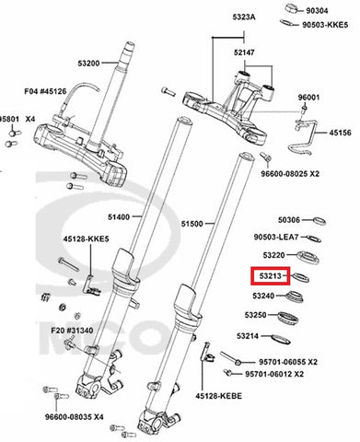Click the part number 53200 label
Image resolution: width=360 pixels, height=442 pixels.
point(88,64)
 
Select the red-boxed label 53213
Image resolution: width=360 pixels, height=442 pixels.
point(270,276)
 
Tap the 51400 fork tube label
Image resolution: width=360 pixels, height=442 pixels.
point(119,217)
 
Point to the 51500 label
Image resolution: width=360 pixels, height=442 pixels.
point(192,224)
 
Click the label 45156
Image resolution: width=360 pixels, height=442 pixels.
point(341,133)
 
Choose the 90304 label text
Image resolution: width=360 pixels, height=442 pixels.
point(317,11)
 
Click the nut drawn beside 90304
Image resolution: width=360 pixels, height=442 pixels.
point(294,8)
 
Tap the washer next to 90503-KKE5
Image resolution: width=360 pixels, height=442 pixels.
point(288,23)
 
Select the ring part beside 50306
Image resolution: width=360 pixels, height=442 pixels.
point(319,221)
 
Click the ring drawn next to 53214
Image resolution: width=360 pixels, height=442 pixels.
point(281,339)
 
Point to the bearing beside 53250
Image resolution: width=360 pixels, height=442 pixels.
point(288,318)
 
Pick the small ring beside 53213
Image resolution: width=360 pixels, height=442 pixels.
point(300,277)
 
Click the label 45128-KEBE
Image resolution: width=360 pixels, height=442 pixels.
point(219,396)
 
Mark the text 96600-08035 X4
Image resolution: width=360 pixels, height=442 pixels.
point(75,417)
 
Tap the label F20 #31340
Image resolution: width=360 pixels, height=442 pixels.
point(72,331)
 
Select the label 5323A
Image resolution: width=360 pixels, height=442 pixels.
point(244,17)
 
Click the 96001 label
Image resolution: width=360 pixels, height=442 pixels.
point(309,98)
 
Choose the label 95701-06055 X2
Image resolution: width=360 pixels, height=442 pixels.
point(288,362)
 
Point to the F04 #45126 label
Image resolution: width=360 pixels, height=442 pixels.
point(45,91)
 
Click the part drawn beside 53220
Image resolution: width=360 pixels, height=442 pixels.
point(308,258)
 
